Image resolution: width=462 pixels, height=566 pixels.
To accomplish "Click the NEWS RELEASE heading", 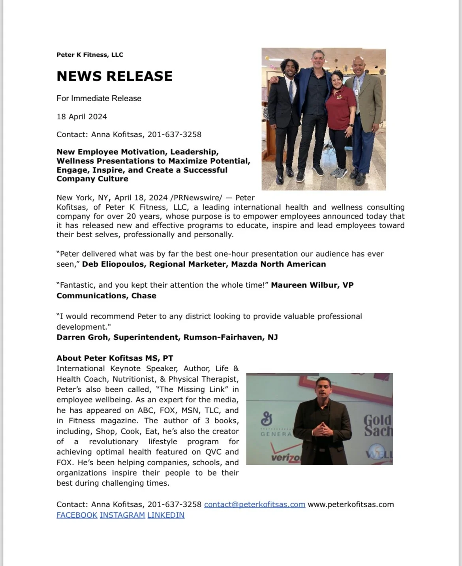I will [x=115, y=76].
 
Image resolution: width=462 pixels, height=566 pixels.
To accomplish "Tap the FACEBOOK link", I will [x=77, y=515].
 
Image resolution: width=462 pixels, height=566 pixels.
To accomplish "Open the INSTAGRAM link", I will [x=122, y=515].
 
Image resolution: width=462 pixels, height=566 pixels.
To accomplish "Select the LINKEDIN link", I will [x=166, y=515].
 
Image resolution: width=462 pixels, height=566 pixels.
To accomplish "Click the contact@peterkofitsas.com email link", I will [x=254, y=504].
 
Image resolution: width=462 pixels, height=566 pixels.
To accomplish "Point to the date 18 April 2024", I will [x=82, y=117].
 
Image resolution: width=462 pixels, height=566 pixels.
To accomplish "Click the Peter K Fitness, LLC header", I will [x=90, y=55].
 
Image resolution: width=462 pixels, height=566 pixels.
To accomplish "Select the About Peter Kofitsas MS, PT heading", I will [x=115, y=358].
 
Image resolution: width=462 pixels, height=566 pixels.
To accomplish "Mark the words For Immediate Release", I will [x=99, y=98].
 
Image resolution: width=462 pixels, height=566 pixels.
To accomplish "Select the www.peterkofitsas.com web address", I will [x=351, y=504].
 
